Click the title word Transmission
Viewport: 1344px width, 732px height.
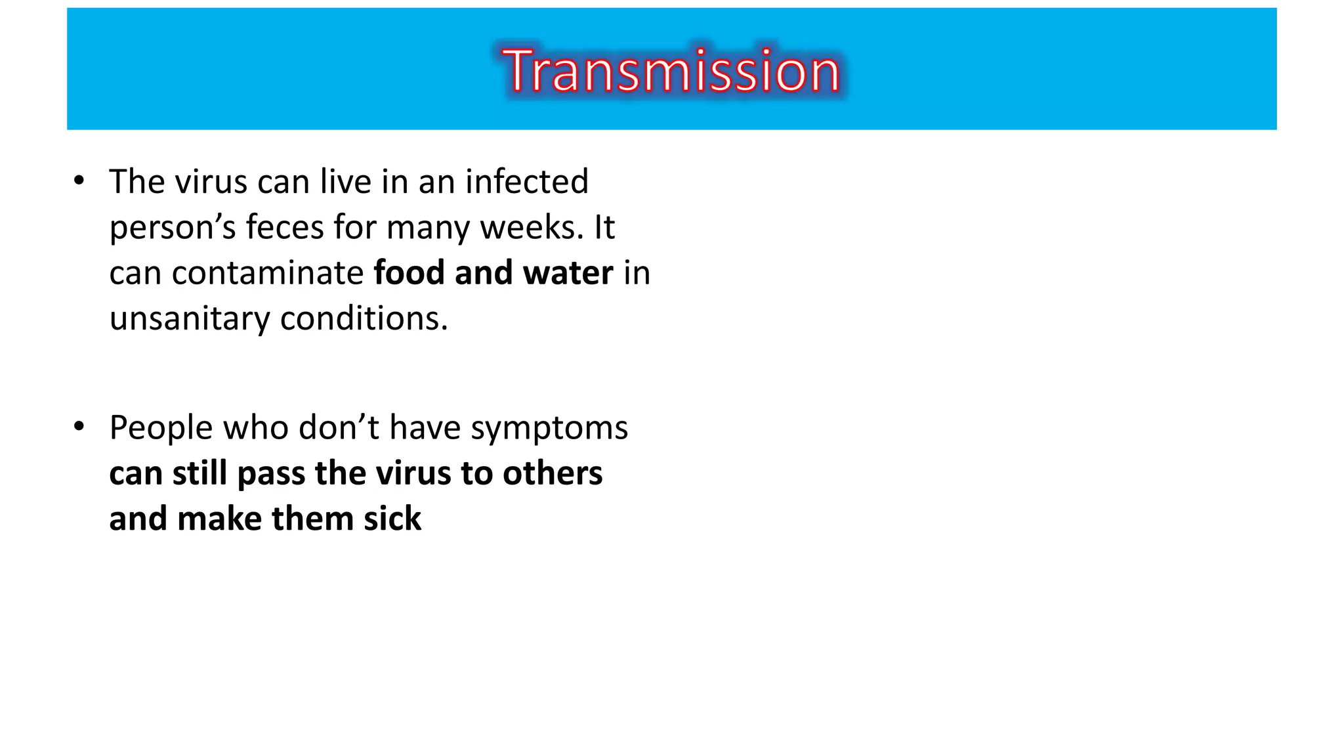tap(671, 71)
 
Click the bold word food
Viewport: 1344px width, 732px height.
tap(409, 273)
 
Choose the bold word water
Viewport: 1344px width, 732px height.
tap(568, 273)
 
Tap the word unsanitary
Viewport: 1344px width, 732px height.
tap(189, 319)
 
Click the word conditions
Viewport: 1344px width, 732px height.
tap(364, 319)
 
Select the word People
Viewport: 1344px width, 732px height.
tap(161, 428)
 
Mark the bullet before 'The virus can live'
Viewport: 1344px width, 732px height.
tap(79, 181)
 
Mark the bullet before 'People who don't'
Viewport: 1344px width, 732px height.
tap(79, 427)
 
